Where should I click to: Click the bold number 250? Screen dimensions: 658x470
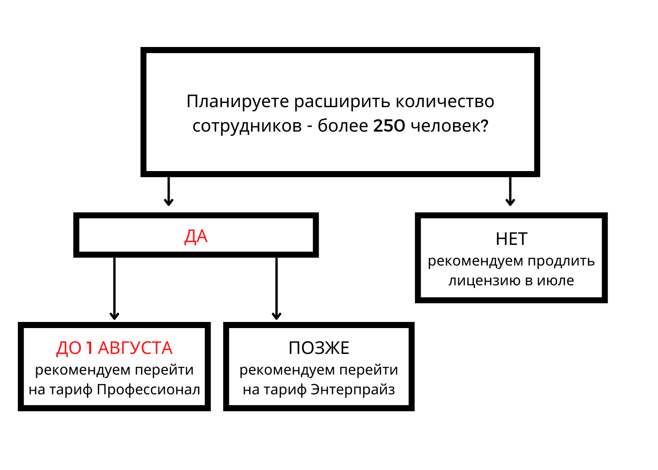point(389,126)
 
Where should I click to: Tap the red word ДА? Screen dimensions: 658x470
point(196,236)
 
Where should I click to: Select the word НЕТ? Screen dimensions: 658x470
point(511,239)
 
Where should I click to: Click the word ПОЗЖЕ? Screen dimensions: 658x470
point(319,348)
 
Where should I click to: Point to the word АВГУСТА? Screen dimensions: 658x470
point(135,348)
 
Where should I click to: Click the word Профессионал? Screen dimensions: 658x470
point(149,390)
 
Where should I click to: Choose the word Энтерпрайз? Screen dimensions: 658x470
point(353,390)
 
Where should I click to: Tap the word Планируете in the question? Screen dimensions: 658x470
point(238,102)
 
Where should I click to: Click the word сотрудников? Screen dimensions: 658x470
point(247,126)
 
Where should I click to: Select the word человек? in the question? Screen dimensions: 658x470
point(449,126)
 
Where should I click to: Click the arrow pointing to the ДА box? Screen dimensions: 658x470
point(169,191)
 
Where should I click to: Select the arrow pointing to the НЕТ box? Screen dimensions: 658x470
point(510,191)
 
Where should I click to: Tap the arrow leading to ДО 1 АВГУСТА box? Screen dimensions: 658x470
point(114,289)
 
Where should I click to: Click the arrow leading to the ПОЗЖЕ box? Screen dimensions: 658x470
point(276,289)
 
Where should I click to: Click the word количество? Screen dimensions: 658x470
point(445,102)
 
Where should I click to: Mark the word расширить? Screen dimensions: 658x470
point(342,102)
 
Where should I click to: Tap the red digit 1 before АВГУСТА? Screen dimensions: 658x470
point(90,348)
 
